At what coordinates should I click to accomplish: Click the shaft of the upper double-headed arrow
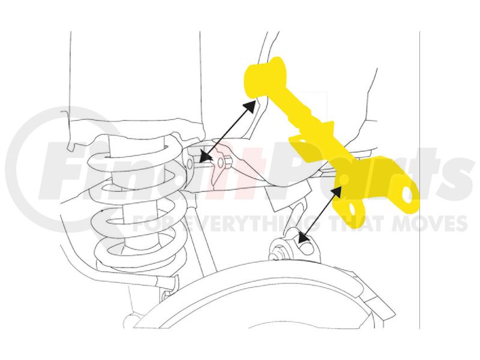point(227,131)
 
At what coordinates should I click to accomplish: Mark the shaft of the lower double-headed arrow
point(320,215)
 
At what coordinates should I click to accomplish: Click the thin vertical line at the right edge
point(419,180)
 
